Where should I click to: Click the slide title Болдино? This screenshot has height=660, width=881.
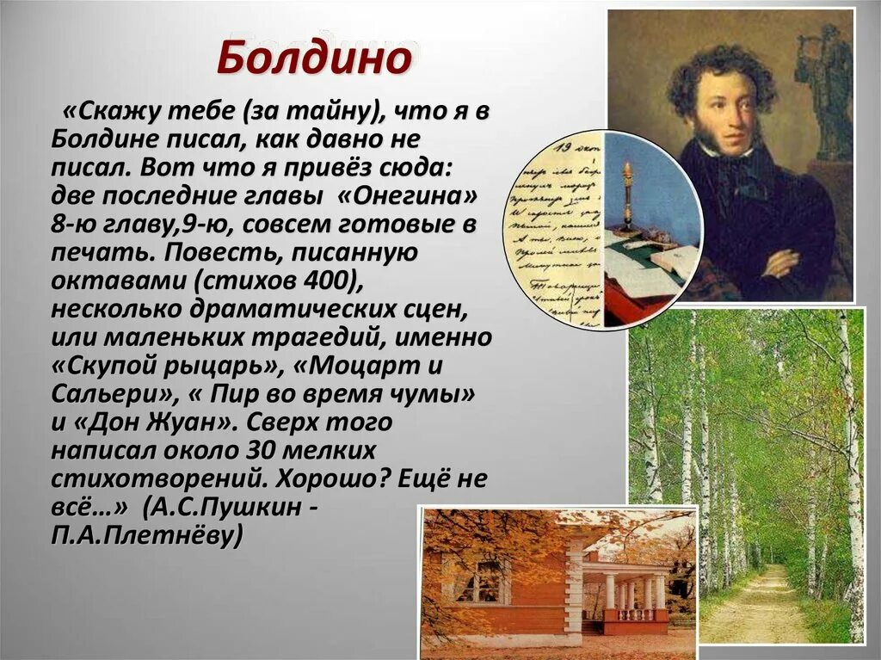(x=314, y=59)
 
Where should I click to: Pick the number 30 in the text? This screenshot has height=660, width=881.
(x=263, y=450)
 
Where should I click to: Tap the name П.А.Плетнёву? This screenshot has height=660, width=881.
(x=147, y=535)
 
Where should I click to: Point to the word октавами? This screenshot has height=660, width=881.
(x=108, y=280)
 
